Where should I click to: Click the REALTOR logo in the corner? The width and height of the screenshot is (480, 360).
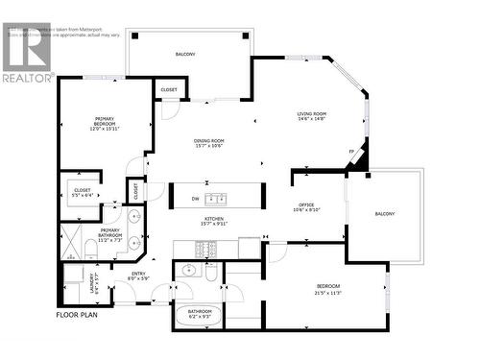point(27,54)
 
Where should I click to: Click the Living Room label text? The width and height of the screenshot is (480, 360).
point(312,117)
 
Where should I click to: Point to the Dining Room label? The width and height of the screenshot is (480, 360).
point(208,143)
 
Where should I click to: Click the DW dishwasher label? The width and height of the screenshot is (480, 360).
point(197,199)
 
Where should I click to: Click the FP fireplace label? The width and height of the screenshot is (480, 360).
point(352,152)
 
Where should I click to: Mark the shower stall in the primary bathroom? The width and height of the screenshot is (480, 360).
point(73,242)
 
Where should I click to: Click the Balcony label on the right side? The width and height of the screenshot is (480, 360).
point(384,213)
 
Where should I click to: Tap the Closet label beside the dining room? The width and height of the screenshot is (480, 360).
point(168,89)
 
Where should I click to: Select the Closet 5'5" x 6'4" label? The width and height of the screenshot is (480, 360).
point(82,192)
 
